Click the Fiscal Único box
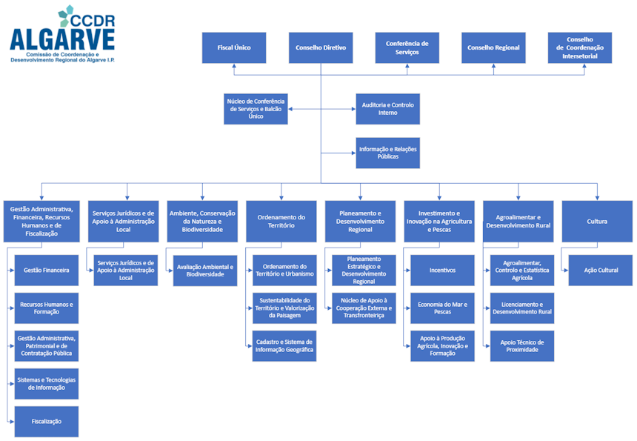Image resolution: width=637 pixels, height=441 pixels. click(x=234, y=47)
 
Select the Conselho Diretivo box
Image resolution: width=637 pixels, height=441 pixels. click(x=320, y=47)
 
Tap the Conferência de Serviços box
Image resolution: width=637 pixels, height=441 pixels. click(x=407, y=47)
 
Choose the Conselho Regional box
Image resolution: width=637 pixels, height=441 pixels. click(x=493, y=47)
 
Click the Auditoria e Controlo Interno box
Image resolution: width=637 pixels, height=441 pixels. click(x=387, y=109)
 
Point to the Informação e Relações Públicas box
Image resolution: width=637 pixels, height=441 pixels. click(x=387, y=153)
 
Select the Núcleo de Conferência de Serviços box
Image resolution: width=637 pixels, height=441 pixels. click(x=256, y=109)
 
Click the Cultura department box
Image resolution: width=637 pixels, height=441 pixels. click(x=597, y=221)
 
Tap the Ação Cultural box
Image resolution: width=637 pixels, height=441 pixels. click(x=601, y=271)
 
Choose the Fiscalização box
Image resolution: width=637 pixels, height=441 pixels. click(x=46, y=421)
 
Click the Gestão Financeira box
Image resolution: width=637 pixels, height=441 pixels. click(x=46, y=271)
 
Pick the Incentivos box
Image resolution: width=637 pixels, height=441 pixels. click(x=442, y=271)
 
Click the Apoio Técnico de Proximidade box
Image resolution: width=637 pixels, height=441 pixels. click(x=522, y=346)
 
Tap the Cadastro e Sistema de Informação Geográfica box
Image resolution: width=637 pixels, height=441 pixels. click(x=284, y=346)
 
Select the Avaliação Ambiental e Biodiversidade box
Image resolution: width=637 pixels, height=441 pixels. click(x=205, y=271)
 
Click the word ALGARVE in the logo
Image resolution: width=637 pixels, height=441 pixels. click(x=62, y=39)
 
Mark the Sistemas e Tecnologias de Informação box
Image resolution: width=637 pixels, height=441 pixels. click(x=46, y=383)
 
